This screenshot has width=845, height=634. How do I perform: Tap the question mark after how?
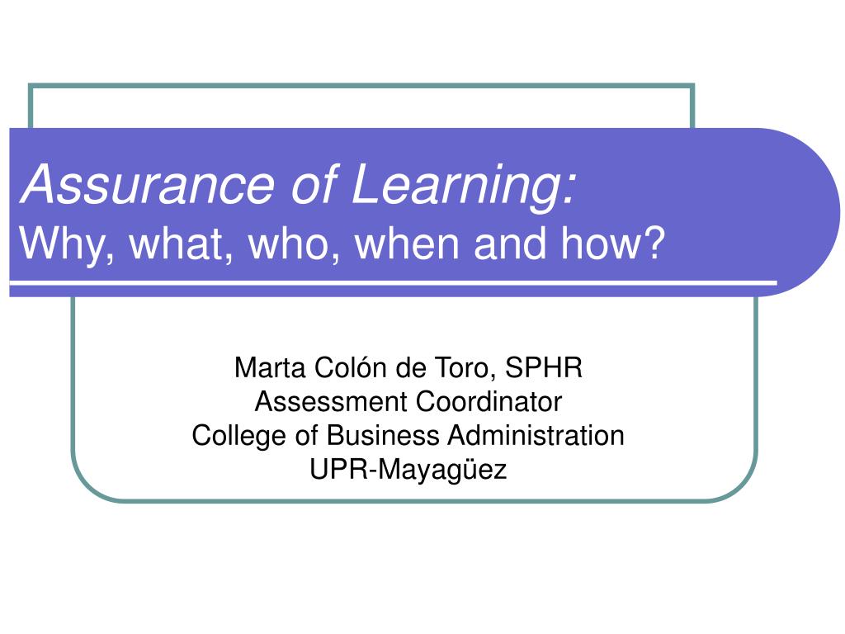click(653, 244)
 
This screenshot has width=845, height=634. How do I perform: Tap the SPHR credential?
click(544, 367)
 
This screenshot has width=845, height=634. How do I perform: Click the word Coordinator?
click(489, 402)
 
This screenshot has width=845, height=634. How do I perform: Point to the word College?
click(238, 436)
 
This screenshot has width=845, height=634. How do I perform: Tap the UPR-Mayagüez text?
click(408, 470)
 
